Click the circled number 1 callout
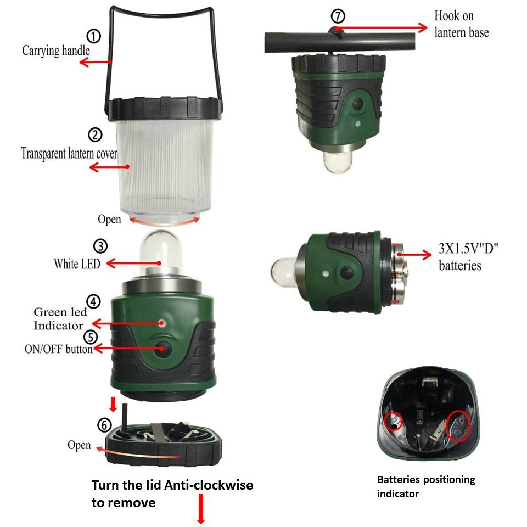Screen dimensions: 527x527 point(94,36)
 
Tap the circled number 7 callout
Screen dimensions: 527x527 point(338,16)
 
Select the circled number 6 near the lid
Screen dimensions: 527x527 point(104,425)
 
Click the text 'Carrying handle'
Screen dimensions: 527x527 point(56,51)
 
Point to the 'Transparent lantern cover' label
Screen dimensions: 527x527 point(69,153)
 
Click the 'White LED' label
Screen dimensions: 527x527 point(77,263)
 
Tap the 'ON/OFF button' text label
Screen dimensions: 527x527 point(59,349)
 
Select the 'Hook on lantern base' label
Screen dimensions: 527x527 point(462,24)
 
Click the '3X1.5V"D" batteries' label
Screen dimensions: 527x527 point(468,256)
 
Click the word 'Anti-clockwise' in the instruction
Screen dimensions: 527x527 point(209,485)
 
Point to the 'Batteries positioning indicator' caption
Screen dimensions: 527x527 point(426,486)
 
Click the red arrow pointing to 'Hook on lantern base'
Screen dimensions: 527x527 point(381,28)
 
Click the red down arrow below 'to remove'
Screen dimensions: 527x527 point(201,508)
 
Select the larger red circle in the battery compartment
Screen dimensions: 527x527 point(458,426)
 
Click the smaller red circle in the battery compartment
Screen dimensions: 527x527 point(393,421)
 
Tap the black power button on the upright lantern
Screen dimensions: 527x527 point(162,349)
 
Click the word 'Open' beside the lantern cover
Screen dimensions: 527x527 point(109,220)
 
